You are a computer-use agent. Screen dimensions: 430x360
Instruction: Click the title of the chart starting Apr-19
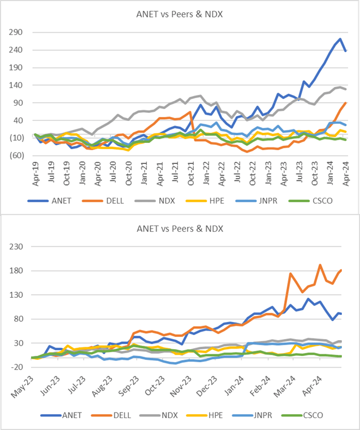(x=180, y=14)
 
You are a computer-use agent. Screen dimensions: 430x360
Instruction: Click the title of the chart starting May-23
(x=180, y=229)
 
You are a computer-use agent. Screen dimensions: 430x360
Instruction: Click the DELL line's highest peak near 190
(x=320, y=265)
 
